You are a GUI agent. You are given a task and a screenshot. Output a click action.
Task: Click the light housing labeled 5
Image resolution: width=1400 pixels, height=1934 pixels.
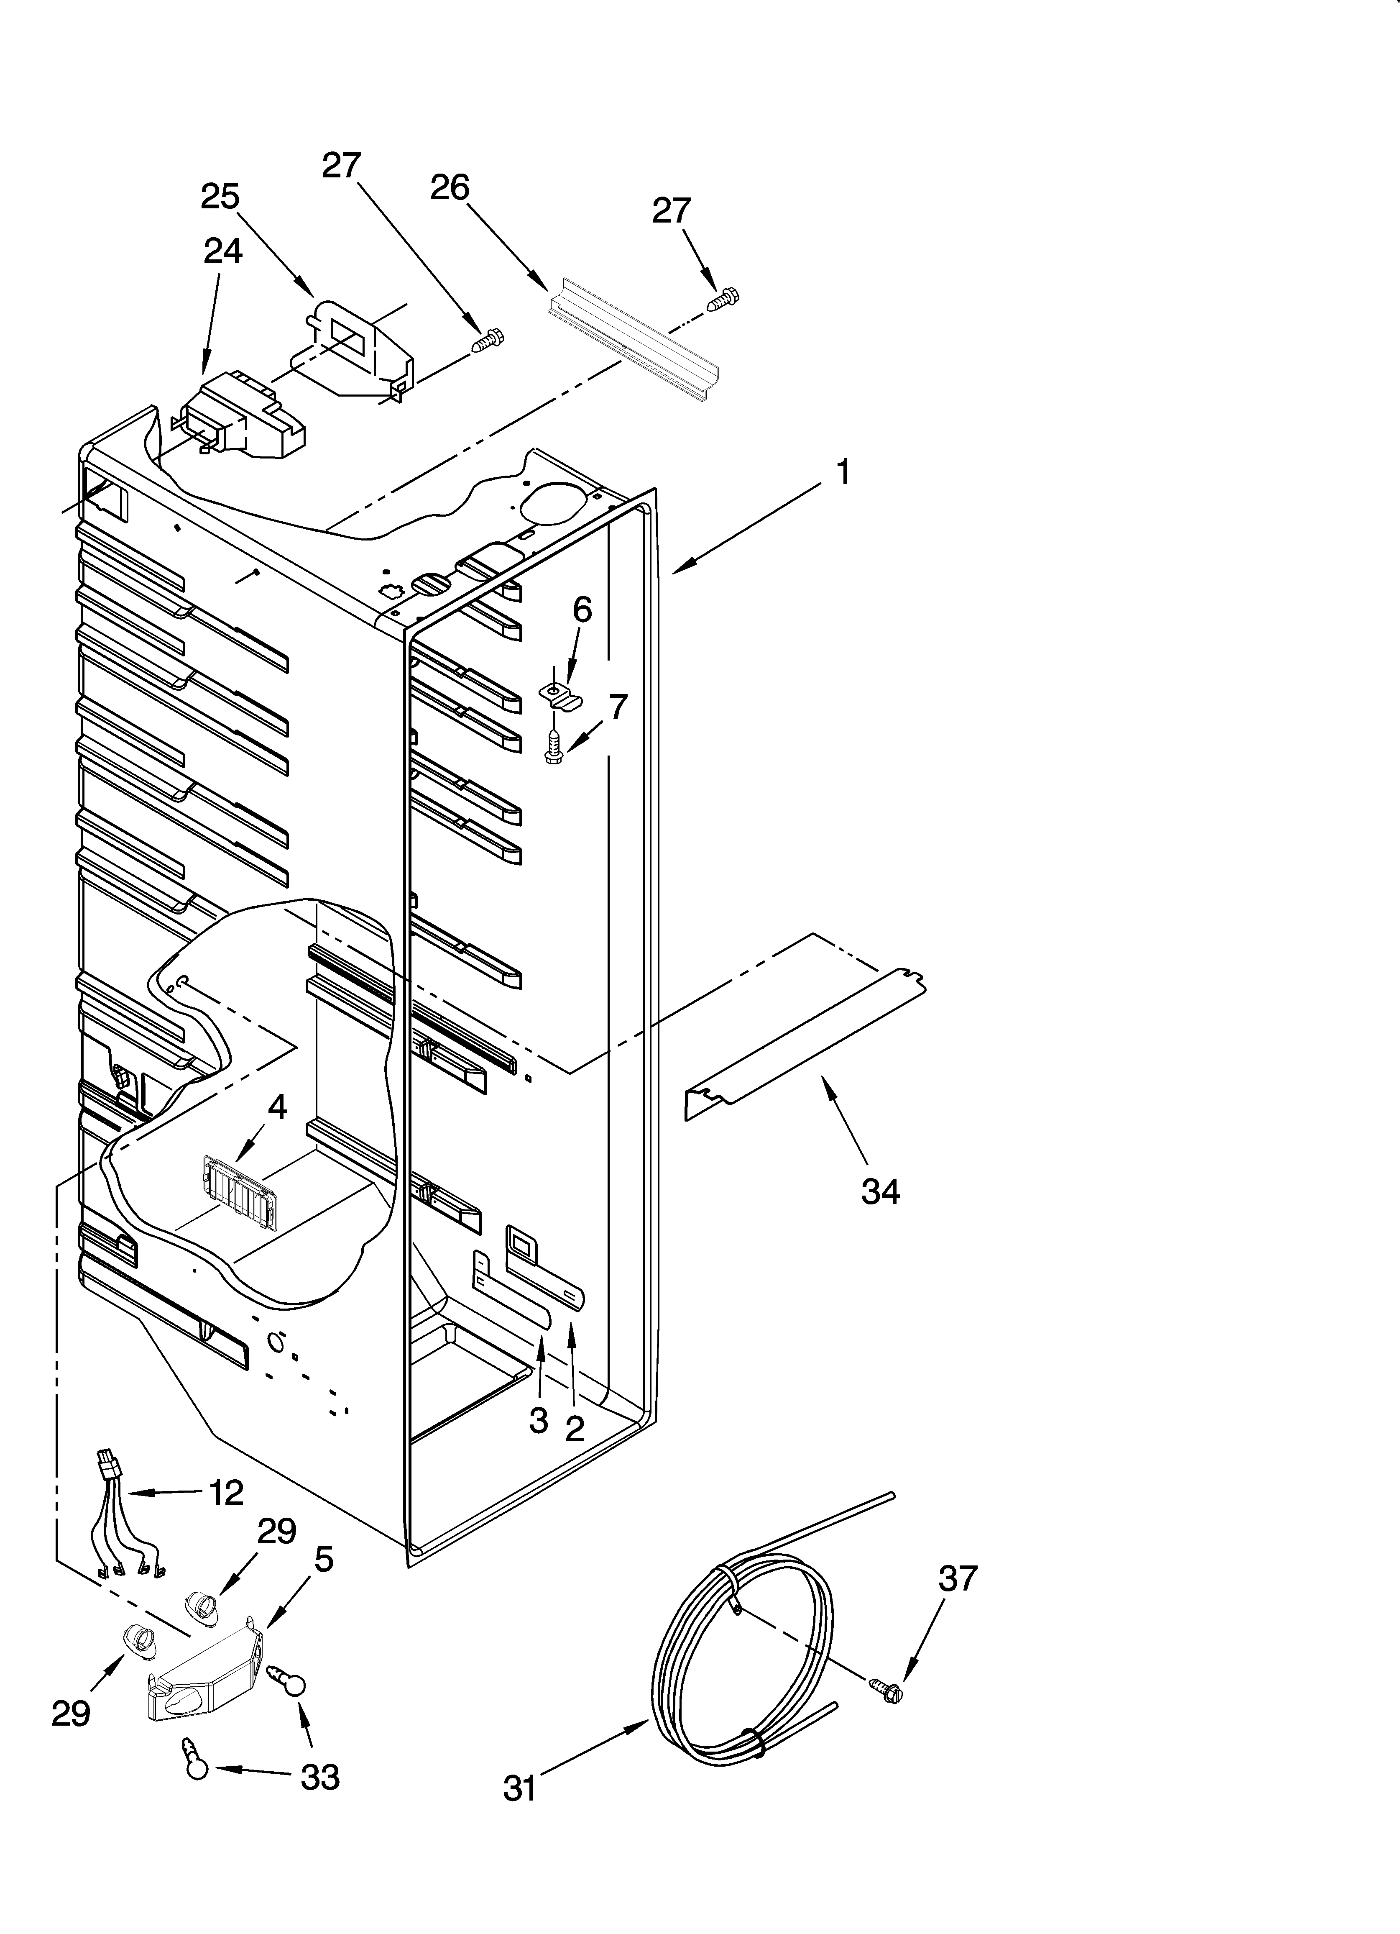(x=204, y=1678)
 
